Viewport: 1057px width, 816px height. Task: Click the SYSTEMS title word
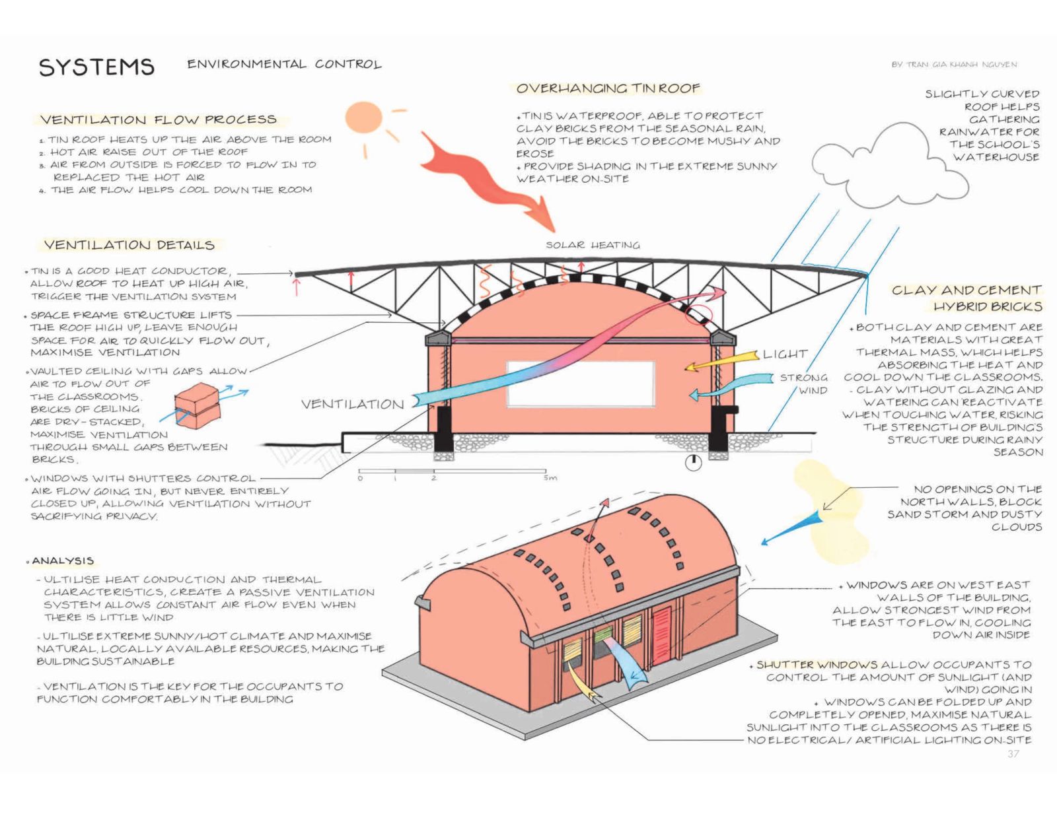96,67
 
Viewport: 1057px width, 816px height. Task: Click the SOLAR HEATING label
593,245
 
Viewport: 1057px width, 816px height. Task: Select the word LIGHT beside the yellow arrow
785,354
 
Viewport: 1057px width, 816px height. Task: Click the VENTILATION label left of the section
352,404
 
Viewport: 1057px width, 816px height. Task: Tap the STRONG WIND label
803,384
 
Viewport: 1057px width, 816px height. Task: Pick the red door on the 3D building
661,636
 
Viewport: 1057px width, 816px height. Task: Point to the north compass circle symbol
693,463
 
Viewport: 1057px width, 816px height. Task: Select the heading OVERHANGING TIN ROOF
608,88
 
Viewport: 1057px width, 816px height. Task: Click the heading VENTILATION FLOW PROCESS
159,119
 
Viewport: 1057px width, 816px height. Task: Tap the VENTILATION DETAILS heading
129,245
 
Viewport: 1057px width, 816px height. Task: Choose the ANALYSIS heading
63,561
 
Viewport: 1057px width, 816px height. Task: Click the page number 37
1013,754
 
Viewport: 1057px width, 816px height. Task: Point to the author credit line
954,64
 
